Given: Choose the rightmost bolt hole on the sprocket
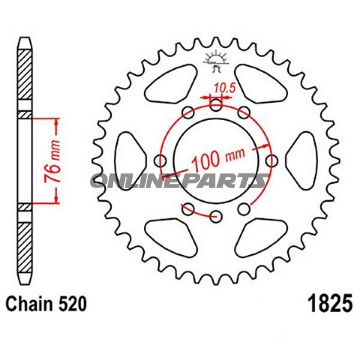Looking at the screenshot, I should pyautogui.click(x=271, y=156).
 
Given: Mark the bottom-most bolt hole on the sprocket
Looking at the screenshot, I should pyautogui.click(x=187, y=209).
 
